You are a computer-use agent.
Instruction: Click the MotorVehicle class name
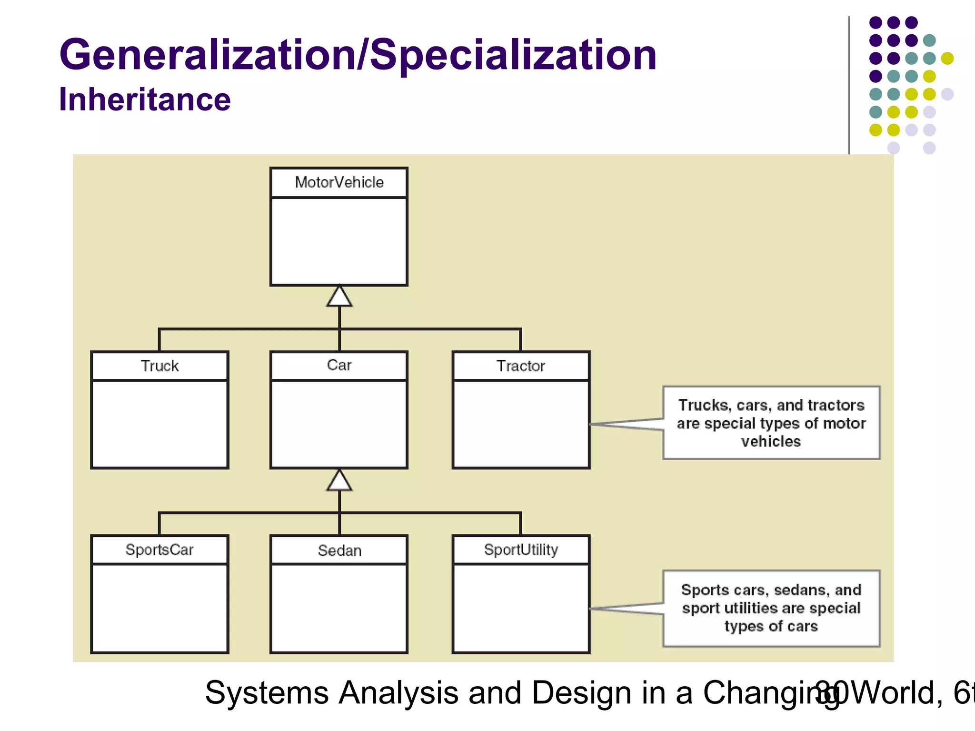[339, 182]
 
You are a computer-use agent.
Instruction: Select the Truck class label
[159, 366]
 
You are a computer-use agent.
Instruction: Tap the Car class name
[339, 365]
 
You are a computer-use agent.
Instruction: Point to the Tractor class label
[521, 366]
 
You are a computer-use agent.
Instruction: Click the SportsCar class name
[159, 550]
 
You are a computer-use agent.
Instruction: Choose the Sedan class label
[339, 551]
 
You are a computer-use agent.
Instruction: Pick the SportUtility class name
[521, 550]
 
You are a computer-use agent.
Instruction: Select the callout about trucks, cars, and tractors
[771, 423]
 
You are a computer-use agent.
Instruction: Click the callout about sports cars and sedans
[771, 608]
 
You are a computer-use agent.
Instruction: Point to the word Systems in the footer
[267, 692]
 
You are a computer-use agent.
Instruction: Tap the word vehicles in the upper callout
[771, 442]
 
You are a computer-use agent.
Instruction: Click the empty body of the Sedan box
[339, 608]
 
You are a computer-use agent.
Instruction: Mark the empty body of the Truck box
[159, 424]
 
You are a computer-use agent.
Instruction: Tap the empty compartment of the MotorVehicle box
[339, 241]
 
